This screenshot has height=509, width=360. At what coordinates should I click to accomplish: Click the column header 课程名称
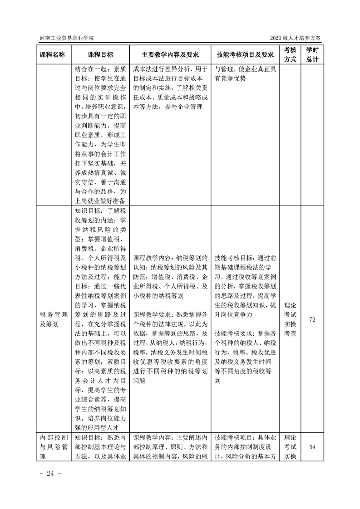pos(53,54)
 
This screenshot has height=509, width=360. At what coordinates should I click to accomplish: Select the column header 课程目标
pos(100,54)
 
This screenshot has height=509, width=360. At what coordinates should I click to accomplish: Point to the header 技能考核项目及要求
pos(246,54)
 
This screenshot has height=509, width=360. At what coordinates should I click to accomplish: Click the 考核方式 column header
pos(290,54)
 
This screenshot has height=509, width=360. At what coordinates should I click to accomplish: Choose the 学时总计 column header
pos(312,54)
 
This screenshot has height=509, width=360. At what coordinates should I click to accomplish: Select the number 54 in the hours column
pos(312,447)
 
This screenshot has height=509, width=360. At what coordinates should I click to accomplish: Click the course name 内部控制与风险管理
pos(53,447)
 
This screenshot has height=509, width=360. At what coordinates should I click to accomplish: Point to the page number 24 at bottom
pos(47,474)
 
